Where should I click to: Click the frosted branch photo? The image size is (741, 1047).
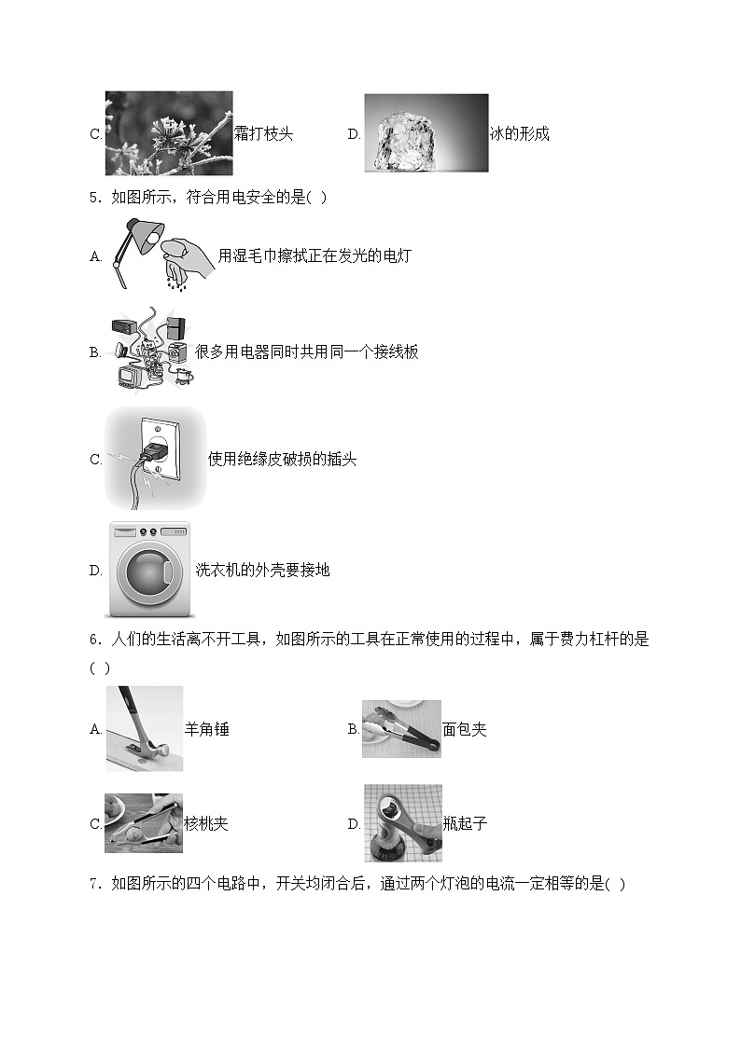tap(169, 132)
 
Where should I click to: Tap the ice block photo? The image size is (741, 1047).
tap(426, 133)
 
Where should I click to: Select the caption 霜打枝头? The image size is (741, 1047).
tap(263, 133)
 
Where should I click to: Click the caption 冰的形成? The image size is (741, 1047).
tap(520, 133)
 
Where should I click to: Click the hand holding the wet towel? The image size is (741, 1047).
tap(187, 253)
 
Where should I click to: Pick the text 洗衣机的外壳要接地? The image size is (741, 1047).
tap(262, 570)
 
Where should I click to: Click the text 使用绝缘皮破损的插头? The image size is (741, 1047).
tap(282, 459)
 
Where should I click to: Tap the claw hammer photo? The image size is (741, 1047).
tap(144, 728)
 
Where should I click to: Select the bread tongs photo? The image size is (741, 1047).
tap(401, 728)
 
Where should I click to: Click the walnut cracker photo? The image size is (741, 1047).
tap(144, 823)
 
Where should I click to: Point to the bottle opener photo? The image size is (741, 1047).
tap(402, 823)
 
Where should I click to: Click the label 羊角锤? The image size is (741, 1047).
tap(207, 729)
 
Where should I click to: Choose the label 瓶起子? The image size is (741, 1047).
tap(466, 824)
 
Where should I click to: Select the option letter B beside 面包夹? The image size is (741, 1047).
tap(353, 729)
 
